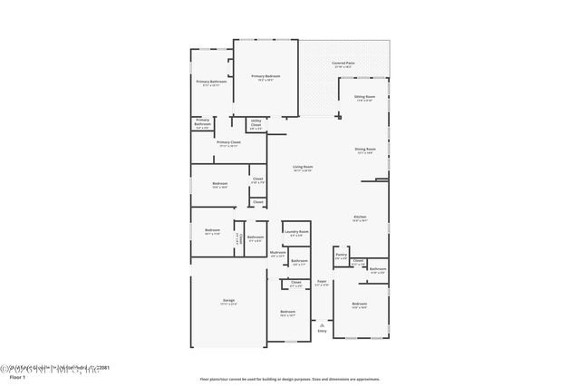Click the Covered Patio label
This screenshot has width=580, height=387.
click(x=343, y=64)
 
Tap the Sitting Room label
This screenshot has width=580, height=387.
click(x=364, y=97)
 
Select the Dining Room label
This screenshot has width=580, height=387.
click(x=364, y=151)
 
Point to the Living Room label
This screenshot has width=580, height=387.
click(x=302, y=169)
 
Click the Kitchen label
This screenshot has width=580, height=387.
click(x=360, y=218)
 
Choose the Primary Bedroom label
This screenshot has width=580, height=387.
click(x=265, y=77)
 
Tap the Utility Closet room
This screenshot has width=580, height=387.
click(x=256, y=125)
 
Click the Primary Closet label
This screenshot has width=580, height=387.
click(x=228, y=143)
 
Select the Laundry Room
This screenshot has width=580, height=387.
click(x=296, y=233)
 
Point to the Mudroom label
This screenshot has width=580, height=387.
click(x=277, y=255)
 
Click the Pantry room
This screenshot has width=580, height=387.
click(x=341, y=256)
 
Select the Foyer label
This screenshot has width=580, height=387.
click(x=321, y=283)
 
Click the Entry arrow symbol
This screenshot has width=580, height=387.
click(x=322, y=323)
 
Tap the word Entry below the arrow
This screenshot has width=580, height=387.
click(x=322, y=331)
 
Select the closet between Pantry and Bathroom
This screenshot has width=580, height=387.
click(x=358, y=262)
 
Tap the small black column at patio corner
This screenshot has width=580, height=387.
click(x=339, y=115)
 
